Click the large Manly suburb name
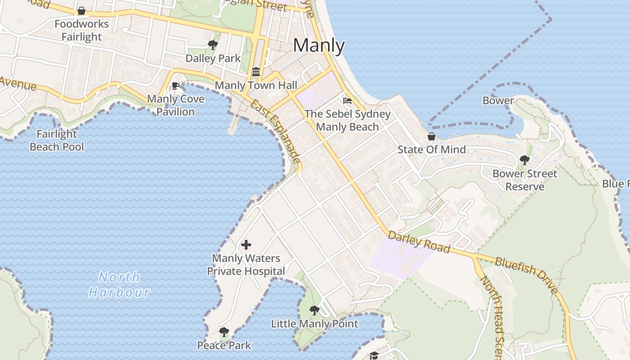[x=319, y=45]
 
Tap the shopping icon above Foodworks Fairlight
[x=81, y=11]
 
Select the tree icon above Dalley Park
[x=213, y=45]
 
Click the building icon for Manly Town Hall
[x=256, y=72]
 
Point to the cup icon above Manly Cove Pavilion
[x=175, y=86]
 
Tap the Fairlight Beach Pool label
[x=57, y=140]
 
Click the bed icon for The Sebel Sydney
[x=347, y=101]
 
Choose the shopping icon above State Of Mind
[x=431, y=136]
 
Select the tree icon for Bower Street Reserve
[x=524, y=160]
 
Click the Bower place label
[x=498, y=100]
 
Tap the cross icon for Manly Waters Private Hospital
[x=246, y=245]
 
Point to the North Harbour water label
[x=119, y=284]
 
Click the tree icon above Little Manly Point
[x=315, y=310]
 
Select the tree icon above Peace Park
[x=224, y=333]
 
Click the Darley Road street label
[x=418, y=242]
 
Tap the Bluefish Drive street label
[x=526, y=274]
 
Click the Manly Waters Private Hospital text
[x=246, y=265]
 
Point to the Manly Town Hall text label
[x=256, y=85]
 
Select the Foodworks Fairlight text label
[x=81, y=30]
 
